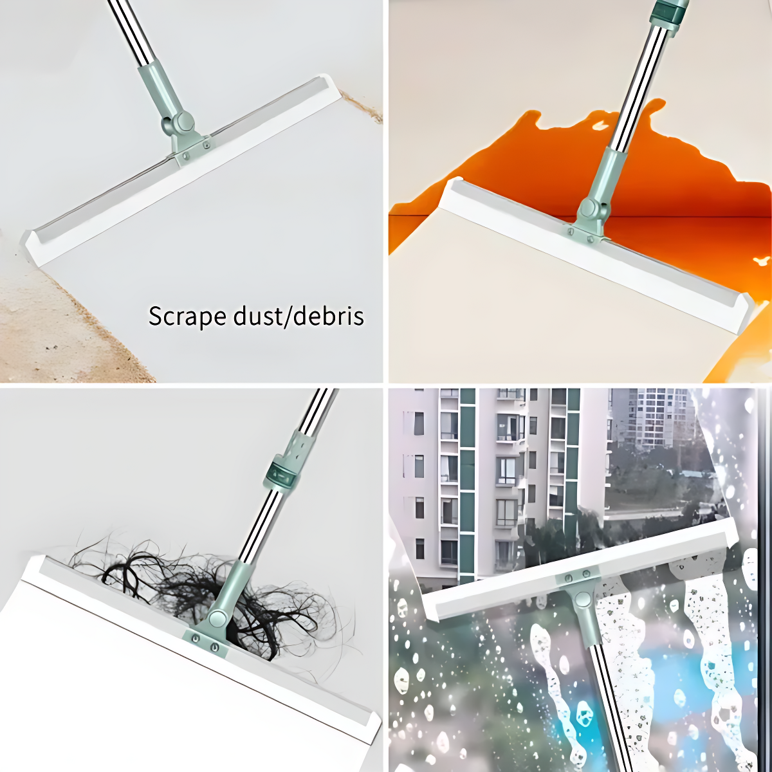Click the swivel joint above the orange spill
pyautogui.click(x=588, y=209)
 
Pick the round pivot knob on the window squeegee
pyautogui.click(x=583, y=599)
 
